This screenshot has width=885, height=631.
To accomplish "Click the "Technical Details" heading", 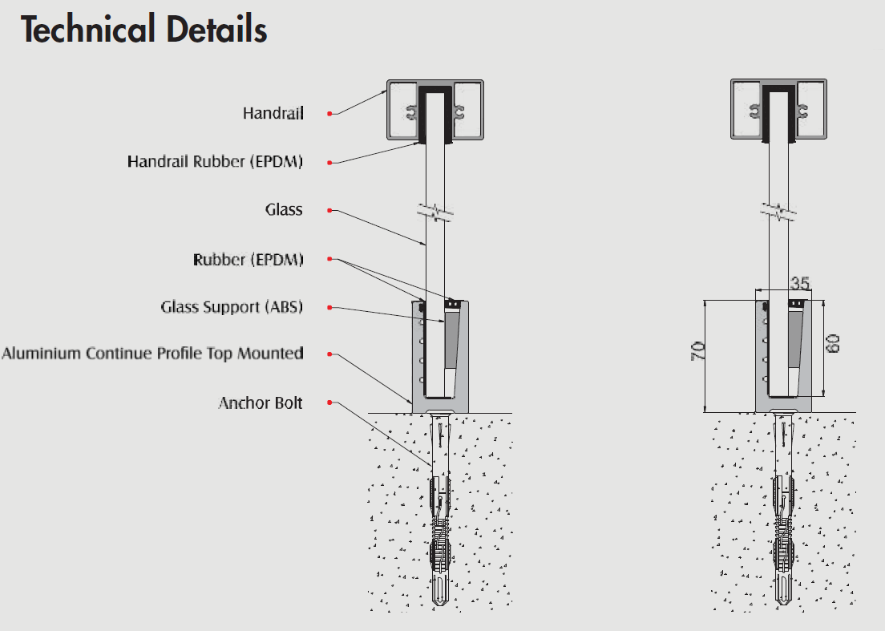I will (144, 30).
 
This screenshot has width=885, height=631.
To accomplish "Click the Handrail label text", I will (273, 114).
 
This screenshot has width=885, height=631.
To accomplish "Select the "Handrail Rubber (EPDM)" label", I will (215, 162).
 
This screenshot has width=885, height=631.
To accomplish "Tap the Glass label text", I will (284, 210).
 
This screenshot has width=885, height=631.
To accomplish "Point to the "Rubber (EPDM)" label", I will (248, 260).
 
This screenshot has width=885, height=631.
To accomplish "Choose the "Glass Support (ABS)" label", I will (232, 307).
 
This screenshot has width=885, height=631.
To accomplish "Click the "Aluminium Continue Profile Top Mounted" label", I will (152, 354).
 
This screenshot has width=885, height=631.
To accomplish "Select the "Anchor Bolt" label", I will (261, 402).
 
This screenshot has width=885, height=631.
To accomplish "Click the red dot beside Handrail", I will (329, 115).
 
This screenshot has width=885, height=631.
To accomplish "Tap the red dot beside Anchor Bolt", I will (329, 403).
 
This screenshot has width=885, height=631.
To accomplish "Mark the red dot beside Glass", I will (329, 211).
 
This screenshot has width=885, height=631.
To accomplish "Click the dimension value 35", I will (799, 283).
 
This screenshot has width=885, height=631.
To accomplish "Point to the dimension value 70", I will (697, 351).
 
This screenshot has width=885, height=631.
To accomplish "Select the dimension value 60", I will (834, 345).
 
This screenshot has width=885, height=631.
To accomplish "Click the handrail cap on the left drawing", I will (435, 110).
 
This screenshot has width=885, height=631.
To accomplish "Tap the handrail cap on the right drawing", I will (778, 110).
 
